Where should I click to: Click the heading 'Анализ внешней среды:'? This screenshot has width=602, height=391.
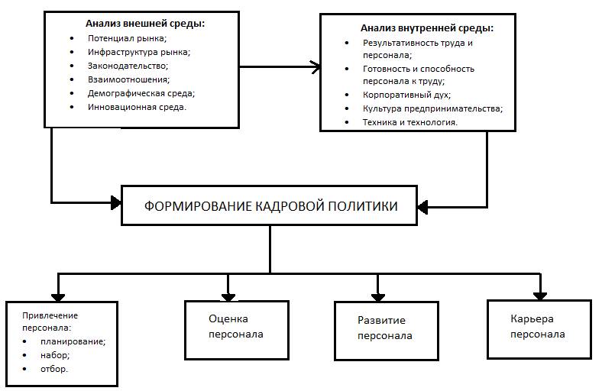point(145,24)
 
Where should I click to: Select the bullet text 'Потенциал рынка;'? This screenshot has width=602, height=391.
point(127,38)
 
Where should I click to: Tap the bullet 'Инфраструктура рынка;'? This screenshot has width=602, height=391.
point(138,52)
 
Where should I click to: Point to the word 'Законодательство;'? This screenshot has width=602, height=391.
point(128,66)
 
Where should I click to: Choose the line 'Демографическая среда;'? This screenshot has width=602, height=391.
point(141,93)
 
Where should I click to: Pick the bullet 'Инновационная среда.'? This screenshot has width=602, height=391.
point(138,107)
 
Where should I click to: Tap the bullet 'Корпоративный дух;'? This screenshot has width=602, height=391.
point(406,95)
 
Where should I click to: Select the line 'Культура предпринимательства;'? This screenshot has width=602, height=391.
point(432,108)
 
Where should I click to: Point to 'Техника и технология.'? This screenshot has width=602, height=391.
point(410,122)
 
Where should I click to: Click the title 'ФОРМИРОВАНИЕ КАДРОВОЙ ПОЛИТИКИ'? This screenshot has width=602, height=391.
point(270,205)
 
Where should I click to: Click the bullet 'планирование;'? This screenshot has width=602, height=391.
point(74,342)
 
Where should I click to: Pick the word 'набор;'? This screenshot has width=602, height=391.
point(57,356)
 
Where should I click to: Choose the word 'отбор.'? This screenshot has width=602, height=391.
point(56,370)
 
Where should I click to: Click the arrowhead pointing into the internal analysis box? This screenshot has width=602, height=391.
point(315,66)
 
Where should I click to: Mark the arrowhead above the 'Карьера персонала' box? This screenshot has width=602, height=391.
point(539,294)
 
